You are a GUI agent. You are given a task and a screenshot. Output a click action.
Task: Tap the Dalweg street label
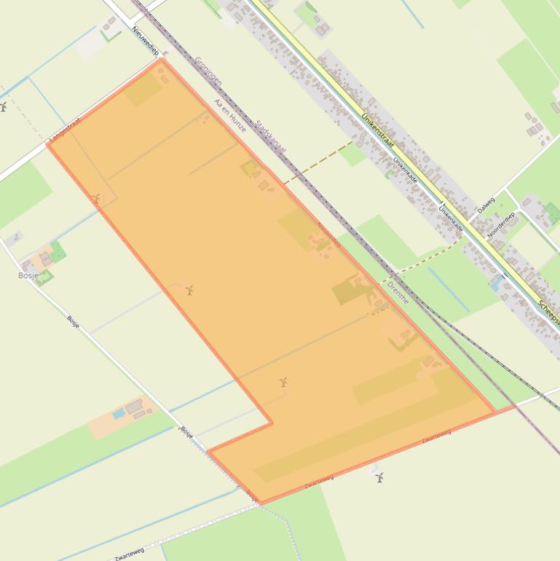486,205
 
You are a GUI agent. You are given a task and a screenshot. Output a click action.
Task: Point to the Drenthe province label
398,292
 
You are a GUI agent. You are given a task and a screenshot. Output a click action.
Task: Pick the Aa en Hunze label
229,116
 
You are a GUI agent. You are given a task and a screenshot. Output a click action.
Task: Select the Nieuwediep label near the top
145,41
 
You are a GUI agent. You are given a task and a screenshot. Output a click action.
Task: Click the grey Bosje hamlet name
28,275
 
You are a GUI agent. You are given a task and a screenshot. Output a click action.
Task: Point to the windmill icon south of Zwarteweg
379,478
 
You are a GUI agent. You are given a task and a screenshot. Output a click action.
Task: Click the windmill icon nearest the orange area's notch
283,382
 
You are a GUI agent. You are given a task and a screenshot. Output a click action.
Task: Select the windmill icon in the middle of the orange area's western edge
189,291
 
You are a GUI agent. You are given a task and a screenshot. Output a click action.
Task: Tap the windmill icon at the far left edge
3,107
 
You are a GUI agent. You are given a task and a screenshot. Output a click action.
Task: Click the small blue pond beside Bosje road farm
119,414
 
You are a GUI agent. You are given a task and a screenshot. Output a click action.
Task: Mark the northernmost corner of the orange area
161,59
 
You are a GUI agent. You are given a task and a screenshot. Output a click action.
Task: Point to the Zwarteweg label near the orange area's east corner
436,436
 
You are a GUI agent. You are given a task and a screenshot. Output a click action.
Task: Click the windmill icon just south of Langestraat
96,198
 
